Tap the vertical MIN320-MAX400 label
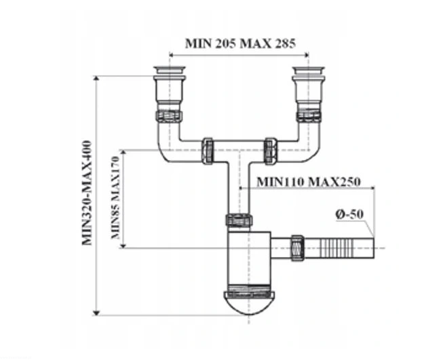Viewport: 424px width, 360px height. pyautogui.click(x=87, y=194)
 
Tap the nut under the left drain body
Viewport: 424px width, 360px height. pyautogui.click(x=168, y=115)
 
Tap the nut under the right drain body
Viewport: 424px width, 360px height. pyautogui.click(x=308, y=115)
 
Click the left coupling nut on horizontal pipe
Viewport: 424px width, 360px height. pyautogui.click(x=208, y=150)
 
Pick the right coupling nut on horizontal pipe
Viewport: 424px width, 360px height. pyautogui.click(x=269, y=150)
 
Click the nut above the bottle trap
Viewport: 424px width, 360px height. pyautogui.click(x=239, y=220)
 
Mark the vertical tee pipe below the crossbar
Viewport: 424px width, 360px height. pyautogui.click(x=239, y=190)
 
